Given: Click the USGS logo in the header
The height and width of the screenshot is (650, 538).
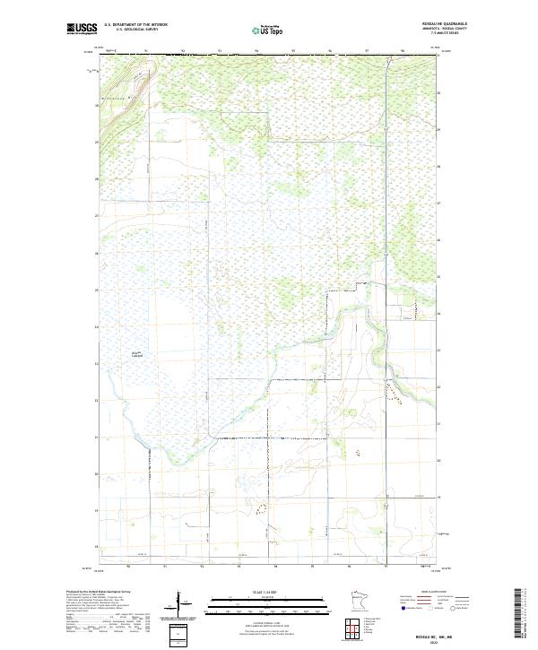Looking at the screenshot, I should coord(81,29).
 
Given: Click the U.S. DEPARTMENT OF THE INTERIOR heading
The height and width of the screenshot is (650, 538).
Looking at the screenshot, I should coord(135,24).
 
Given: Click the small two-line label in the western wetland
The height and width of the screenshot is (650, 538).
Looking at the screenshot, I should coord(138,354).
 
